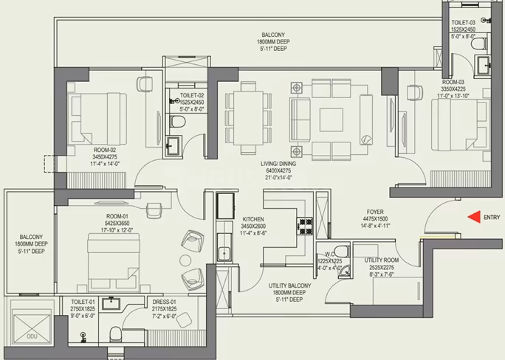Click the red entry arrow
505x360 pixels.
pyautogui.click(x=474, y=217)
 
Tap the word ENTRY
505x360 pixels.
pyautogui.click(x=492, y=218)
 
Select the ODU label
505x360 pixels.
pyautogui.click(x=32, y=336)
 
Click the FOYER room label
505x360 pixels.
pyautogui.click(x=375, y=212)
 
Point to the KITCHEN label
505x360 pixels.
pyautogui.click(x=253, y=219)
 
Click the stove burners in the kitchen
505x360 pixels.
pyautogui.click(x=305, y=226)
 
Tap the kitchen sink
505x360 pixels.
pyautogui.click(x=224, y=253)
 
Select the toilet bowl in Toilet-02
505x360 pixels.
pyautogui.click(x=177, y=122)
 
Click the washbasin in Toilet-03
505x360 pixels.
pyautogui.click(x=483, y=66)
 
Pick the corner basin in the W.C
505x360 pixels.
pyautogui.click(x=344, y=272)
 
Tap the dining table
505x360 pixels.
pyautogui.click(x=248, y=118)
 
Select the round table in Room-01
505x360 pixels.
pyautogui.click(x=185, y=260)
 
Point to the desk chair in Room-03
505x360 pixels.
pyautogui.click(x=415, y=92)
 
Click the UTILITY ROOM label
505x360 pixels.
pyautogui.click(x=381, y=260)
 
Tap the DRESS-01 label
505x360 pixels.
pyautogui.click(x=164, y=302)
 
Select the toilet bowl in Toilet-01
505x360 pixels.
pyautogui.click(x=115, y=335)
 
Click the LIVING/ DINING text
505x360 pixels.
pyautogui.click(x=278, y=164)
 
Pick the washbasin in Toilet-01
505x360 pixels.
pyautogui.click(x=111, y=304)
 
